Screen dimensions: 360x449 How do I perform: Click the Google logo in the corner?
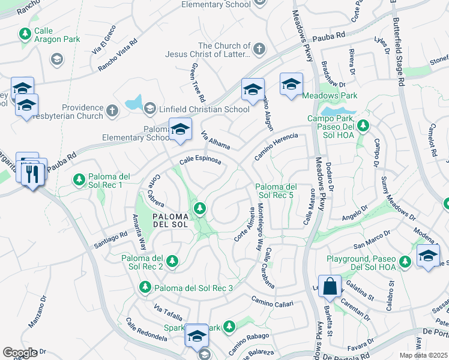coord(19,353)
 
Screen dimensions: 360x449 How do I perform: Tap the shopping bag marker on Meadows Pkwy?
coord(330,286)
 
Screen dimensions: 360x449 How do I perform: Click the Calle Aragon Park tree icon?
coord(25,33)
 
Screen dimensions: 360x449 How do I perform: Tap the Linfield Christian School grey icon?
coord(149,109)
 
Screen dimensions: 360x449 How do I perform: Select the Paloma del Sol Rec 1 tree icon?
coord(79,179)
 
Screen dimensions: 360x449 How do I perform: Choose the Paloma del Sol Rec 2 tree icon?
coord(172,260)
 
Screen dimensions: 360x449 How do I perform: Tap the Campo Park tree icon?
coord(363,126)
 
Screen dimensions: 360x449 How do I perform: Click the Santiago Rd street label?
coord(110,241)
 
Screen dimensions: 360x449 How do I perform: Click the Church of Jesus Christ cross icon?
coord(259,47)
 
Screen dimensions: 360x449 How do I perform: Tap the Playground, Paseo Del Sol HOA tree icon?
coord(406,261)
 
